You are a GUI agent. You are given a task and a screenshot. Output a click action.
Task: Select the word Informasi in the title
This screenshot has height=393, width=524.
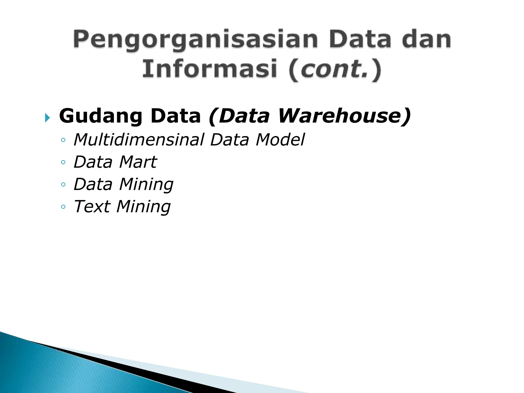(210, 69)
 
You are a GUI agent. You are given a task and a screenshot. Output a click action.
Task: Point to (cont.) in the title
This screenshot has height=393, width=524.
(335, 69)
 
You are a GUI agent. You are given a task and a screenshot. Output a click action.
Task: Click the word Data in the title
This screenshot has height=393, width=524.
(361, 40)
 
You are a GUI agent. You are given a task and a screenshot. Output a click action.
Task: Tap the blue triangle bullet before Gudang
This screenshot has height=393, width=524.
(47, 118)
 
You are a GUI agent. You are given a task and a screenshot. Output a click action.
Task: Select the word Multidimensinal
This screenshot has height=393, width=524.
(139, 140)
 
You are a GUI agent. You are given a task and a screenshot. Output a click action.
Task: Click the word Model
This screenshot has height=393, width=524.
(280, 140)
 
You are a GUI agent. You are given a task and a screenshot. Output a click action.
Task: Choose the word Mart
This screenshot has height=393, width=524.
(138, 162)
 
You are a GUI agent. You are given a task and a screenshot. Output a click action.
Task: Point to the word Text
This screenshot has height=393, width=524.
(92, 206)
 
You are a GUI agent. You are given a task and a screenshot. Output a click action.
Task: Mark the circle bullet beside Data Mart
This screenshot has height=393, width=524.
(63, 162)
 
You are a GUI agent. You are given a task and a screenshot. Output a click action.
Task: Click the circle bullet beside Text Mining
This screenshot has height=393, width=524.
(63, 207)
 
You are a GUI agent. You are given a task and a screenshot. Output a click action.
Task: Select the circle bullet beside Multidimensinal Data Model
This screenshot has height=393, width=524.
(63, 140)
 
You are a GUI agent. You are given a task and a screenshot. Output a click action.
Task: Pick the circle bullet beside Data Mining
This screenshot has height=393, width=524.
(63, 184)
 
